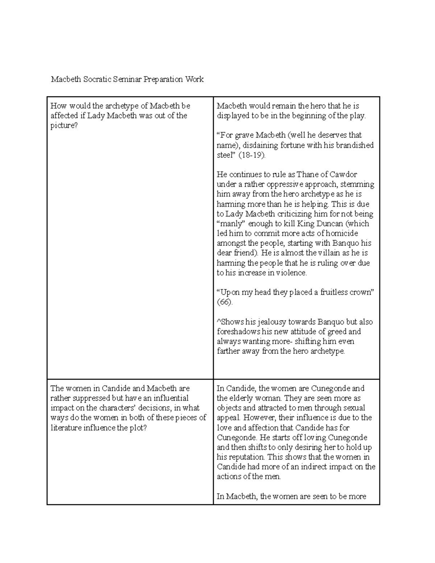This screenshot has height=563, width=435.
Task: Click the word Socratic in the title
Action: [x=96, y=79]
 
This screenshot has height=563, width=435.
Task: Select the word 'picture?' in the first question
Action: [x=64, y=125]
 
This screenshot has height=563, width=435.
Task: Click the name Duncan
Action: [x=326, y=224]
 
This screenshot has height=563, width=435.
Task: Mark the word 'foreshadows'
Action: [x=239, y=332]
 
